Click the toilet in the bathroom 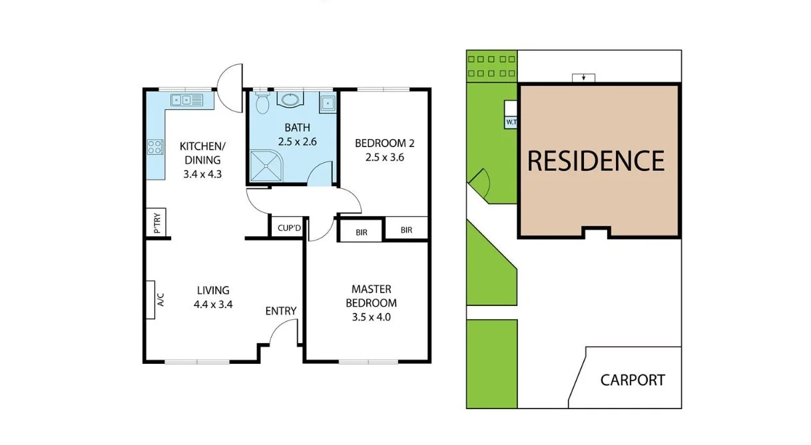coord(262,103)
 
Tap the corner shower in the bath coord(266,165)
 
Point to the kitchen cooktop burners coord(154,146)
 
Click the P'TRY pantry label coord(157,223)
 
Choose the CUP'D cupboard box coord(289,227)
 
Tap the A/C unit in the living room coord(150,299)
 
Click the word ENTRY coord(280,311)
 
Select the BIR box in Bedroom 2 coord(406,230)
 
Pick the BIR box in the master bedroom coord(362,232)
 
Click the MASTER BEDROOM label coord(372,296)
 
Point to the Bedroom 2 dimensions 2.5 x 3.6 coord(385,158)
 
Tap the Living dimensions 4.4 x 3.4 coord(213,305)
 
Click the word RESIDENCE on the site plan coord(596,161)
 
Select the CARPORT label coord(633,380)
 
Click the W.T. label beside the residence coord(511,122)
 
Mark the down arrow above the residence coord(584,78)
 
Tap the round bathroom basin coord(290,100)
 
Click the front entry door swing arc coord(283,329)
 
